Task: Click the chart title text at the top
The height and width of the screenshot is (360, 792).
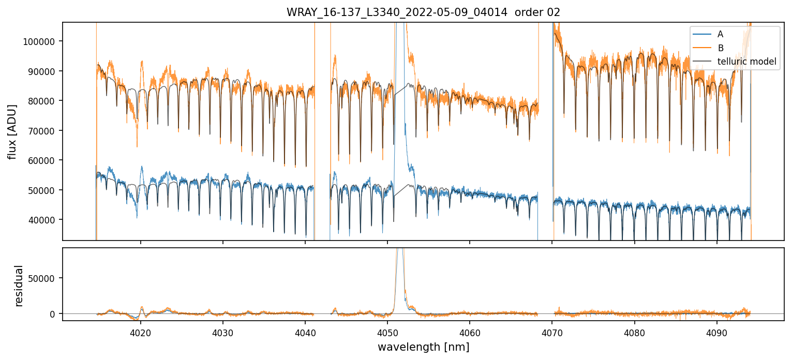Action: (423, 12)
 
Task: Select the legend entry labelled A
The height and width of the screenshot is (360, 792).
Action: (720, 35)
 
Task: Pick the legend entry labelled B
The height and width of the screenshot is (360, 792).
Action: (720, 48)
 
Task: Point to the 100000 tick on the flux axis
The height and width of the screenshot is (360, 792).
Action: (41, 41)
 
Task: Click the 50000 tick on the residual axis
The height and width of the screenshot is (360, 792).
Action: (43, 278)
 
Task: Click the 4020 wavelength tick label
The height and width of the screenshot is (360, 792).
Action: (140, 332)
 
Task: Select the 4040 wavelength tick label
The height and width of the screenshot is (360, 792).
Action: (305, 332)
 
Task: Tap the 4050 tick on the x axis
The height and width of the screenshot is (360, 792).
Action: (387, 332)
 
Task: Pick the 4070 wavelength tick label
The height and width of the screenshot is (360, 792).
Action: (552, 332)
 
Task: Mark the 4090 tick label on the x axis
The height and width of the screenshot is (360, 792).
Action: (716, 332)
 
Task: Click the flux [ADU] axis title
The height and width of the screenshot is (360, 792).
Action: (12, 131)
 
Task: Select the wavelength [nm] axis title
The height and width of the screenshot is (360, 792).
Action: (423, 347)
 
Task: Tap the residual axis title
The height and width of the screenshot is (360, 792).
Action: (19, 286)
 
